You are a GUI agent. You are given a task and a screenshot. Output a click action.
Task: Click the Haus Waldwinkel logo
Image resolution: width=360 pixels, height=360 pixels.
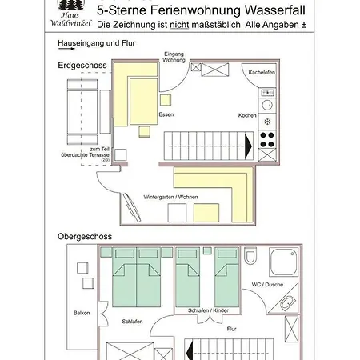[70, 14]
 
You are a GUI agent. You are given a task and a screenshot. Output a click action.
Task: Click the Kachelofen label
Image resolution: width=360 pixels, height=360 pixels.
[262, 72]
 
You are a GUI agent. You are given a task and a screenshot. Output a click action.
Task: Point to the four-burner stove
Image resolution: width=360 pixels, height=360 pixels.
[267, 139]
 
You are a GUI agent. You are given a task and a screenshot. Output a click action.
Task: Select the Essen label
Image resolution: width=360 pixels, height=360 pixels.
[166, 114]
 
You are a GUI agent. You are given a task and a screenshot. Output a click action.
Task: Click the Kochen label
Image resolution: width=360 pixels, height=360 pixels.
[247, 115]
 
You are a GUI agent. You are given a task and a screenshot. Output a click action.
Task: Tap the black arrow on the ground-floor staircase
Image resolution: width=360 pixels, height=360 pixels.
[248, 146]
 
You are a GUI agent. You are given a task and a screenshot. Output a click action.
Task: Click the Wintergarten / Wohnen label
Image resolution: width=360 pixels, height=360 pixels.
[170, 197]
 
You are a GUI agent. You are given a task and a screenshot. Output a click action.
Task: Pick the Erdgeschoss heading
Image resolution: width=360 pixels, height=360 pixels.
[82, 66]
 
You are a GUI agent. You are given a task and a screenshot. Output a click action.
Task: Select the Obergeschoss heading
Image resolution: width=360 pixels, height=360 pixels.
[85, 237]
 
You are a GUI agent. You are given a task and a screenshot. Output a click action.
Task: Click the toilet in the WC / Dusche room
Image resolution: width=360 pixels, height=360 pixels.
[250, 255]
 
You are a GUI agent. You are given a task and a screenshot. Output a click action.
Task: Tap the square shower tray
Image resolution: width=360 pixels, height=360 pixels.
[283, 262]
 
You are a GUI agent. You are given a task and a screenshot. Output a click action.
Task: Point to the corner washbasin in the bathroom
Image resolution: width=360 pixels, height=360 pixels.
[287, 303]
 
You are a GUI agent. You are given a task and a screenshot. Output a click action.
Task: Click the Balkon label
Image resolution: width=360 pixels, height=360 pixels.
[82, 313]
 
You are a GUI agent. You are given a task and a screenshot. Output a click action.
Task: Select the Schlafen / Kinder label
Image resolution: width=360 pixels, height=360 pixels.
[208, 310]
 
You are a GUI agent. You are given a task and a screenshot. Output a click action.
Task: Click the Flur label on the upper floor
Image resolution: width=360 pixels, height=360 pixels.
[231, 329]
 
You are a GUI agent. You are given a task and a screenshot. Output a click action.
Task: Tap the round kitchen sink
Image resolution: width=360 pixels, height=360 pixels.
[267, 105]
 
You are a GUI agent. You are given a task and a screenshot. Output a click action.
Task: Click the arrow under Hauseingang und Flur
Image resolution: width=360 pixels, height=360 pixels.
[66, 49]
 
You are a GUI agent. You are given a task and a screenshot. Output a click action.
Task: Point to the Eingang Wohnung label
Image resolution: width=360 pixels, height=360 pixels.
[174, 57]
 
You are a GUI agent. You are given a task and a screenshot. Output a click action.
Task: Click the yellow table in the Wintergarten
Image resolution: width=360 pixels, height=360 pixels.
[206, 213]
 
